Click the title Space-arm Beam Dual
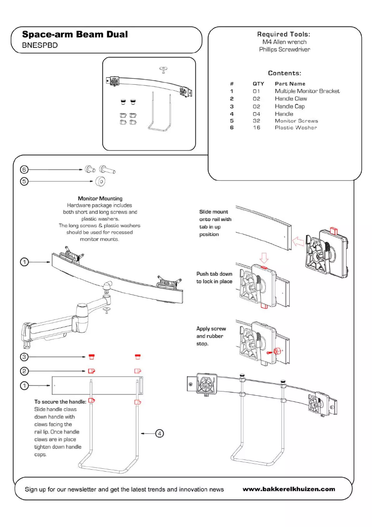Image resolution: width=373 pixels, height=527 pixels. (75, 34)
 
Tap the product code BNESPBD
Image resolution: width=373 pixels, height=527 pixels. (40, 46)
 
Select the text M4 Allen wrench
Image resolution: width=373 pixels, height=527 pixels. (284, 42)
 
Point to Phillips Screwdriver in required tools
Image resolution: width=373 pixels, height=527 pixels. (284, 49)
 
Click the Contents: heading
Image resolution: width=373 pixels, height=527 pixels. (284, 73)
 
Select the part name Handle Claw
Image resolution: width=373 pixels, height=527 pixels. (291, 99)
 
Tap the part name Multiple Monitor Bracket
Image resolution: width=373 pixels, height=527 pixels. (307, 91)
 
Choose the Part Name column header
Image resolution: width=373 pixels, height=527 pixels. (290, 84)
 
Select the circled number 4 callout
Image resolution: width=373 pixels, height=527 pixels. (159, 433)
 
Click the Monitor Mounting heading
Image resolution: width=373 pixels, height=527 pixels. (100, 199)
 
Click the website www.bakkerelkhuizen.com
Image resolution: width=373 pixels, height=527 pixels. (288, 489)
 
